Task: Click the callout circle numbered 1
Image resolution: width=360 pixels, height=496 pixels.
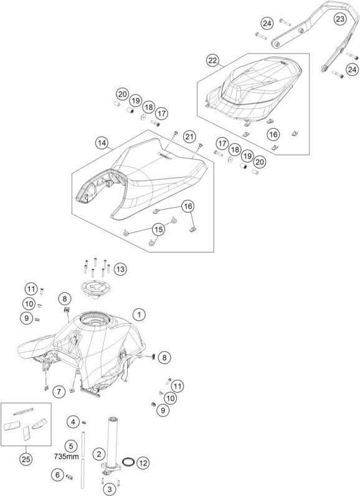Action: tap(139, 315)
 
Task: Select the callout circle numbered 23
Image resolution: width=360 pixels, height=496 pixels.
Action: tap(339, 19)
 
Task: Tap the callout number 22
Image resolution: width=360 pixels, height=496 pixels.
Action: tap(212, 60)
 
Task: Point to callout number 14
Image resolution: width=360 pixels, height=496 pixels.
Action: tap(102, 143)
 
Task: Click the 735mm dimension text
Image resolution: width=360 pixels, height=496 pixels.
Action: tap(66, 456)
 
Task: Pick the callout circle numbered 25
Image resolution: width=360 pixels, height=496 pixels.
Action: tap(26, 459)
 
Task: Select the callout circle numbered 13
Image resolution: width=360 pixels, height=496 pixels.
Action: tap(120, 269)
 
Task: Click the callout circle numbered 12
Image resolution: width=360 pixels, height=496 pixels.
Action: tap(143, 464)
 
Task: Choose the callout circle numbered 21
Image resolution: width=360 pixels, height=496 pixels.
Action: tap(189, 137)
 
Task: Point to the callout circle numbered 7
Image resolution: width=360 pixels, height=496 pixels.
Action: tap(59, 392)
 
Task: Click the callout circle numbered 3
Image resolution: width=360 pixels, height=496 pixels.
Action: tap(110, 490)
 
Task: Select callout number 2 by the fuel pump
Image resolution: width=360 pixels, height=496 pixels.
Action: tap(99, 454)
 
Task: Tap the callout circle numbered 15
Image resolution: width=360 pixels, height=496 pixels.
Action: tap(159, 230)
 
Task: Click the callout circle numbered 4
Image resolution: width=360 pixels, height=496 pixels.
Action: tap(73, 422)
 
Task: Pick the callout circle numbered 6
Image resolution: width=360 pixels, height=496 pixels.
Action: tap(57, 475)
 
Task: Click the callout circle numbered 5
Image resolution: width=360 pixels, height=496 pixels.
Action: tap(70, 446)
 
